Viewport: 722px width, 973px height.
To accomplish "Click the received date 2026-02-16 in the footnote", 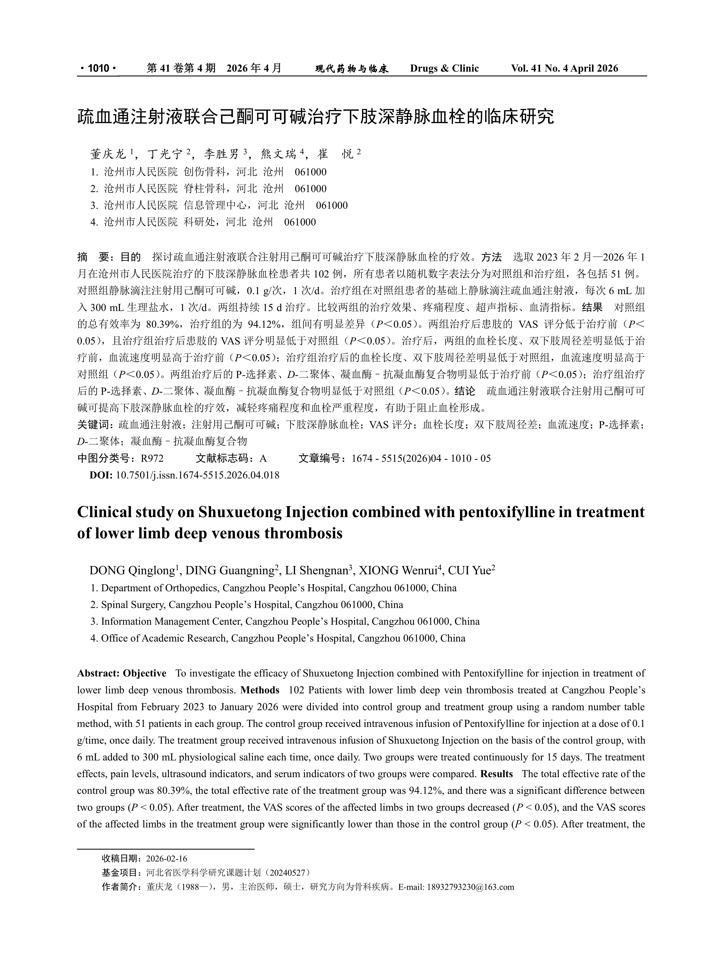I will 167,859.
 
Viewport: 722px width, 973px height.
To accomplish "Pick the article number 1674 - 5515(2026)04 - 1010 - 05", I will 421,459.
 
